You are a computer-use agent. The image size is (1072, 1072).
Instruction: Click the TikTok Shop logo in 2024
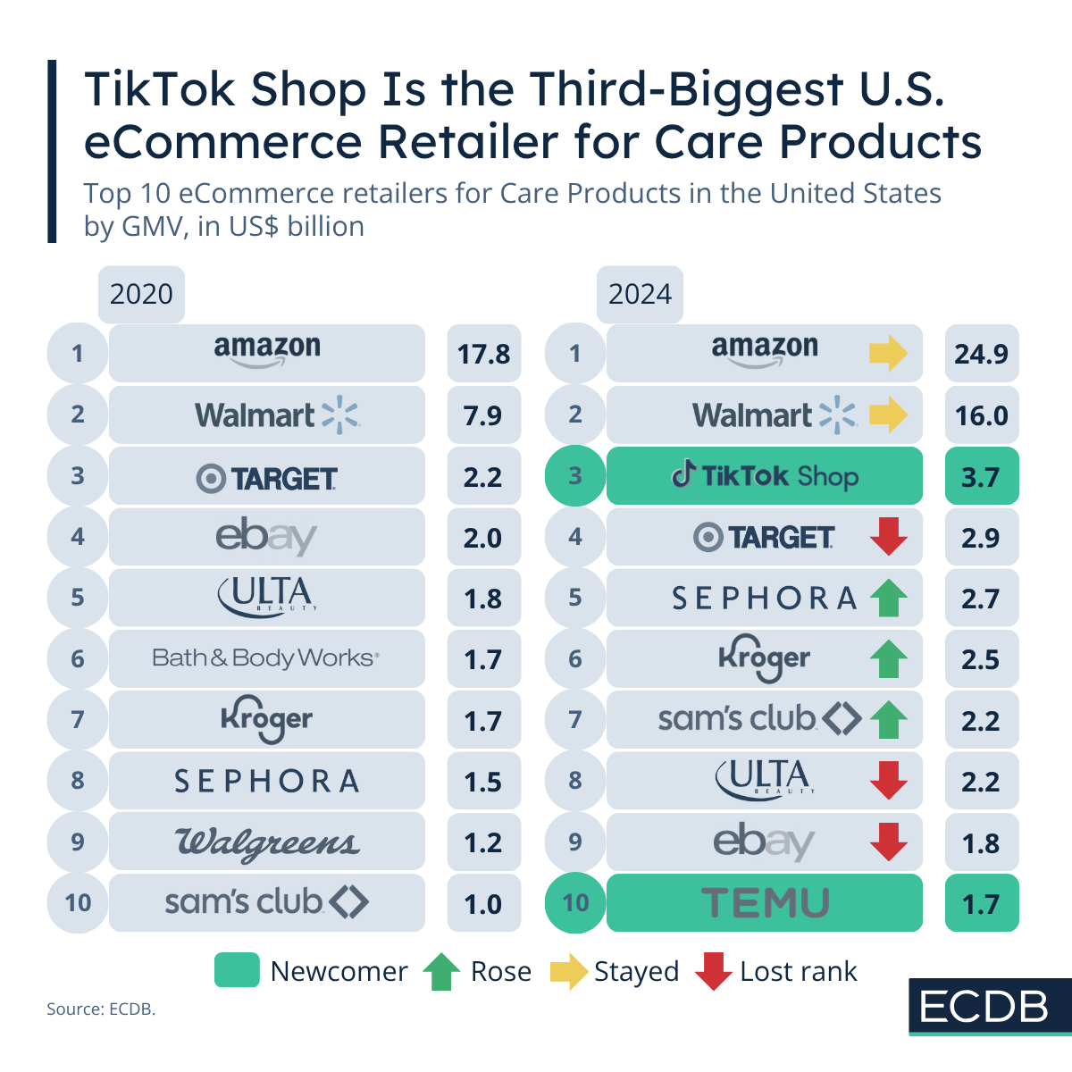click(x=765, y=476)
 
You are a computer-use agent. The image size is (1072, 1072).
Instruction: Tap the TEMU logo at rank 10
click(x=765, y=903)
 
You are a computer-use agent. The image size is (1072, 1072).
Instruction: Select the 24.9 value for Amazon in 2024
click(x=981, y=354)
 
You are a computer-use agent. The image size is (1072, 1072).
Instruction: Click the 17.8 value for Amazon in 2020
click(x=483, y=354)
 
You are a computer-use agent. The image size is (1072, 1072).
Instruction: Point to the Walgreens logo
click(x=266, y=842)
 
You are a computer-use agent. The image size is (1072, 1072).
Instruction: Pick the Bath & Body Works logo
click(x=266, y=658)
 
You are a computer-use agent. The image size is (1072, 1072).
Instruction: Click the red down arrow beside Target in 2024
click(x=888, y=537)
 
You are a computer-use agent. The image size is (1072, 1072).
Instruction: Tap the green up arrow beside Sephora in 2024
click(x=888, y=599)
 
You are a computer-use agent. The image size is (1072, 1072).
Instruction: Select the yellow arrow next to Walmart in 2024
click(x=888, y=415)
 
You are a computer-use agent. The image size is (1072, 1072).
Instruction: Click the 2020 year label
click(x=141, y=294)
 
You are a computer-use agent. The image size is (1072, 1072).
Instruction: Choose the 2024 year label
click(x=640, y=294)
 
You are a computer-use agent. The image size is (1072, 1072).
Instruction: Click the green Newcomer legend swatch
click(x=237, y=970)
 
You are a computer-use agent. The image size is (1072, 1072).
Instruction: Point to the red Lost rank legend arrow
click(x=713, y=971)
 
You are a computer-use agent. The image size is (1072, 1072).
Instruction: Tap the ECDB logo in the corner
click(x=984, y=1007)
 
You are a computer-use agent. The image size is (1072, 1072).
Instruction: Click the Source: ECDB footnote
click(x=101, y=1009)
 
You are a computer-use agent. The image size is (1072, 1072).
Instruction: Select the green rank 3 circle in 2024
click(x=574, y=476)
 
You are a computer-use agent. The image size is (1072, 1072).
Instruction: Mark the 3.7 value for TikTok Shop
click(x=981, y=477)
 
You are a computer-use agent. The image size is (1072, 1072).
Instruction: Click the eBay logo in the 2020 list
click(x=266, y=537)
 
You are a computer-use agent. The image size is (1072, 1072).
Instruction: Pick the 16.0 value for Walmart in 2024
click(x=981, y=415)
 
